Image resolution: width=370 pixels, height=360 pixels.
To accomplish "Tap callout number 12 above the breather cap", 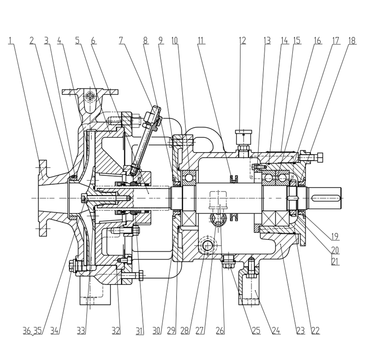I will point(242,41).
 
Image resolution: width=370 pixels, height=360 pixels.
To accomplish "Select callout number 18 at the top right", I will point(352,41).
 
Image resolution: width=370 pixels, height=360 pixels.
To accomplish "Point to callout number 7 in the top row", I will point(121,41).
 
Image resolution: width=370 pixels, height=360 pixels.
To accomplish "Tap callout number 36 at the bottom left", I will point(27,330).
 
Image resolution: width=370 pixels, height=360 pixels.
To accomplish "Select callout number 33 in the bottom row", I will point(81,330).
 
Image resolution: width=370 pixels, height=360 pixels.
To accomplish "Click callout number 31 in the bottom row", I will point(140,330).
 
